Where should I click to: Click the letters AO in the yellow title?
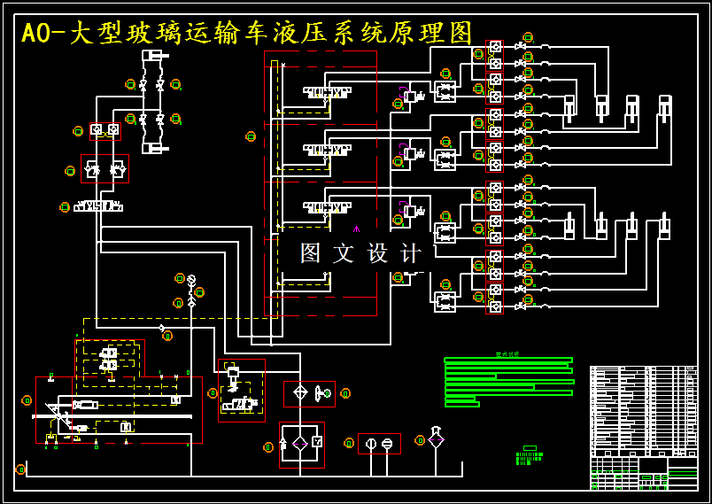(x=36, y=34)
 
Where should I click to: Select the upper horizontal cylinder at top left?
(x=154, y=56)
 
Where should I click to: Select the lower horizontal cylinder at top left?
(x=154, y=148)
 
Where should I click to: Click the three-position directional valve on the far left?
(x=98, y=206)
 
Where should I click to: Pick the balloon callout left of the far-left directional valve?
(x=65, y=207)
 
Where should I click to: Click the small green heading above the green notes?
(x=507, y=354)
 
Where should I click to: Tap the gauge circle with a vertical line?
(x=371, y=443)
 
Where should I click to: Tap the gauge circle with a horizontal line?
(x=387, y=443)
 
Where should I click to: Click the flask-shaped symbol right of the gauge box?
(x=436, y=438)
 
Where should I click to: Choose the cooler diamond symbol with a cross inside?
(x=300, y=392)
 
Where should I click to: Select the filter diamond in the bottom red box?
(x=300, y=442)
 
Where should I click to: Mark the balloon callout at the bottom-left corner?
(x=20, y=469)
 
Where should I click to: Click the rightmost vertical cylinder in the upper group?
(x=664, y=107)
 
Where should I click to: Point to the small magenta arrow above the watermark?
(x=357, y=229)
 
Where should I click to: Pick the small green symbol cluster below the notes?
(x=529, y=457)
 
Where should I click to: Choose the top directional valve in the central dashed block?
(x=327, y=91)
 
